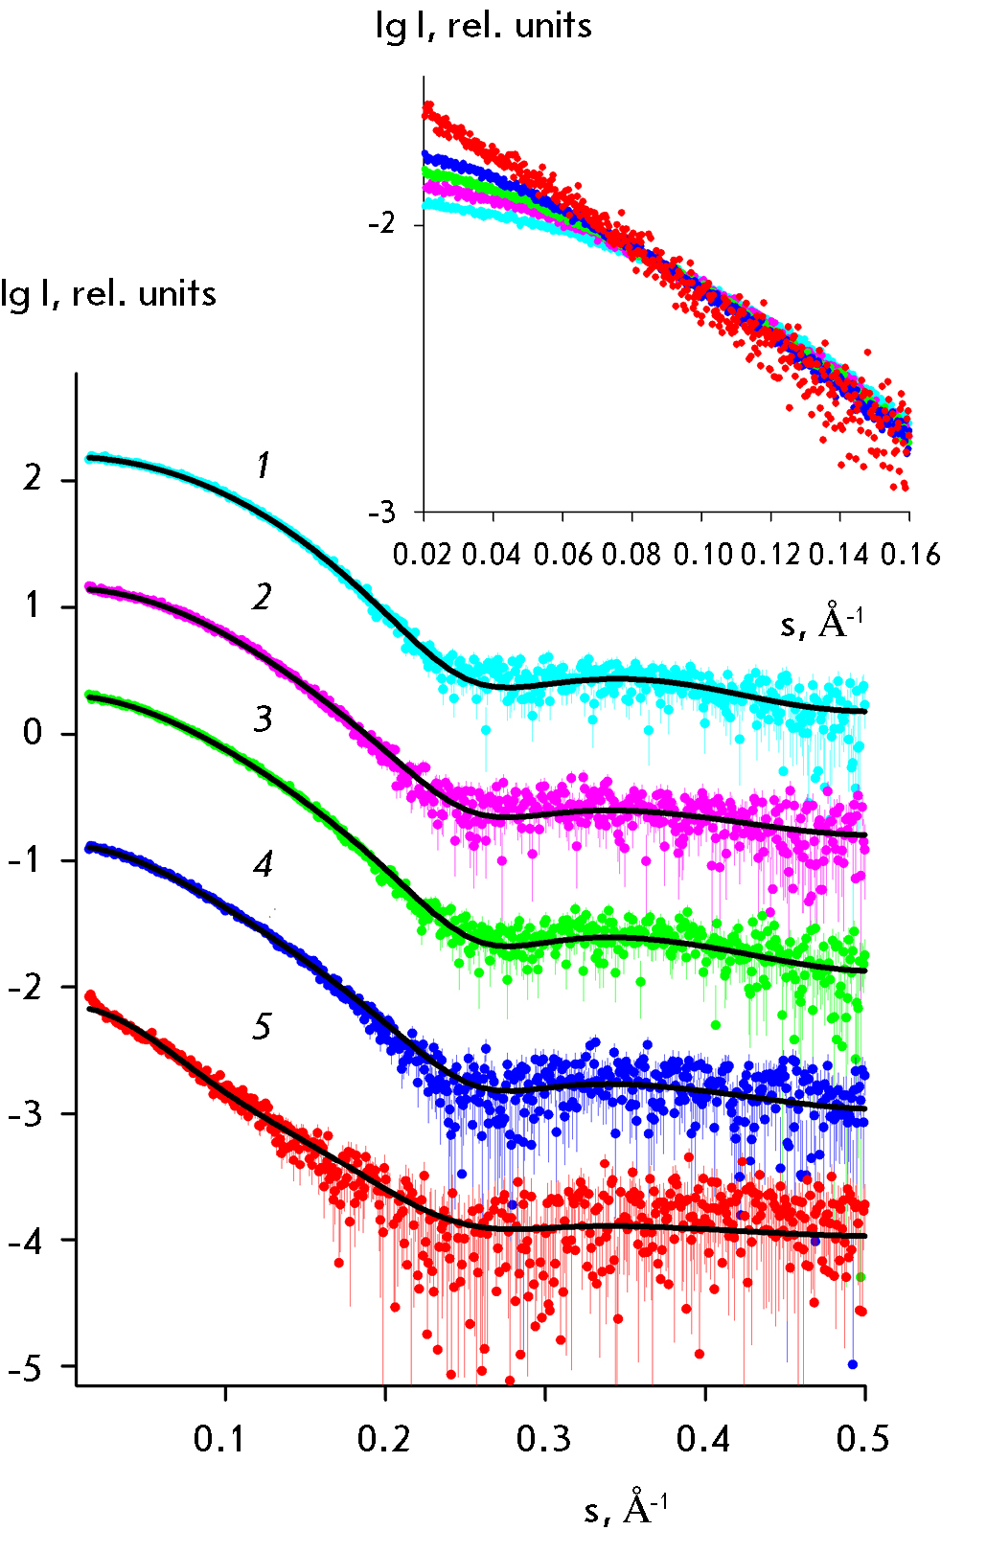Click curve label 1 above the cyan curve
click(x=264, y=467)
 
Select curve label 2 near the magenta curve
click(x=263, y=598)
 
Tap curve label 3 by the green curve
click(x=263, y=719)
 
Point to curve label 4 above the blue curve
click(x=263, y=865)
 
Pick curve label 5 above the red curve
click(x=262, y=1027)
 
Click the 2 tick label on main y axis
click(x=34, y=478)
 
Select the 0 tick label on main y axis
click(x=34, y=733)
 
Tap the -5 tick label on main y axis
click(x=25, y=1369)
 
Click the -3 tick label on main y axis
click(x=25, y=1114)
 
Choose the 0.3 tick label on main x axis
click(x=543, y=1438)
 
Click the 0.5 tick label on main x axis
click(x=862, y=1438)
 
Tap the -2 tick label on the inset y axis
click(x=381, y=224)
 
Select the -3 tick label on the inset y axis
click(x=381, y=512)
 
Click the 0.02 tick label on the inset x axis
click(x=422, y=555)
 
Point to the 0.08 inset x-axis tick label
click(x=631, y=555)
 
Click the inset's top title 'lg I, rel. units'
click(x=484, y=26)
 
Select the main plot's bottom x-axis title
click(x=626, y=1508)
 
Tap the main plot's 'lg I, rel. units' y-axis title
click(x=108, y=293)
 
